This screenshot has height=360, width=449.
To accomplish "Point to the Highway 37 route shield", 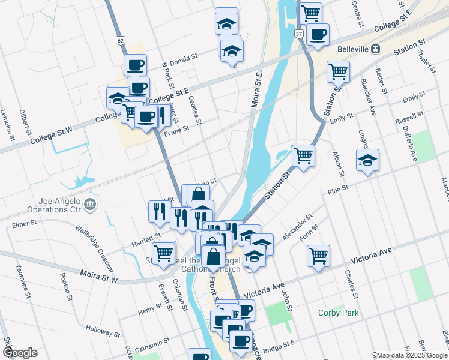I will (x=299, y=34).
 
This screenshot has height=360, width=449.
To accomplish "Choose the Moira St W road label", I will (x=100, y=277).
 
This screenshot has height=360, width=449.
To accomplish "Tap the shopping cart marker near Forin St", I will (x=318, y=255).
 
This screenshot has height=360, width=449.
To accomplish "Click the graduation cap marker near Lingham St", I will (x=367, y=160).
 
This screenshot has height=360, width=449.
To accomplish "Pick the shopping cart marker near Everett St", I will (x=163, y=253).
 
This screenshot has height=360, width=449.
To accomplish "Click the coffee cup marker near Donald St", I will (x=135, y=64).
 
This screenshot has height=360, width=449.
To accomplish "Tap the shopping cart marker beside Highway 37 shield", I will (x=310, y=12).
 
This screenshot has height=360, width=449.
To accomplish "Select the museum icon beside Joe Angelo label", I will (x=90, y=205).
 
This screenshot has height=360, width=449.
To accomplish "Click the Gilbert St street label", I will (x=25, y=122).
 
